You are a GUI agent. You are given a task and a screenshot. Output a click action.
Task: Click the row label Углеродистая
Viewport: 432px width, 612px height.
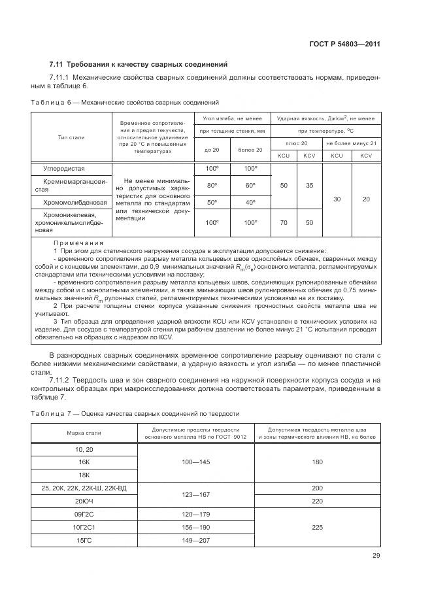point(64,169)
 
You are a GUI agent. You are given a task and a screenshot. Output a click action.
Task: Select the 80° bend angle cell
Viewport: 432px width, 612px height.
point(212,185)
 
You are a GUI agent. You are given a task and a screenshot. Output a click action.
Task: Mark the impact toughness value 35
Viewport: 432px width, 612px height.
point(310,186)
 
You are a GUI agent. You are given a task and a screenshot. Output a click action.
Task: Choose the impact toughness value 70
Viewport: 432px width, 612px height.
point(284,222)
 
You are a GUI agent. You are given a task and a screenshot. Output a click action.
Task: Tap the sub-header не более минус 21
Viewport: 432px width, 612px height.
point(351,143)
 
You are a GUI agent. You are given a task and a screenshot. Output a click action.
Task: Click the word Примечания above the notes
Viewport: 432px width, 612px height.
point(79,243)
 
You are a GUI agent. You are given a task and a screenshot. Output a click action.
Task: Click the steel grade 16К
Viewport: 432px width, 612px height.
point(84,462)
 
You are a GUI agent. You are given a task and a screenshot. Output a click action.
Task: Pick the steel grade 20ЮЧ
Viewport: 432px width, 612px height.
point(84,500)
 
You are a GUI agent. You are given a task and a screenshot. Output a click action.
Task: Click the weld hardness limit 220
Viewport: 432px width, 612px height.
point(317,500)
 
